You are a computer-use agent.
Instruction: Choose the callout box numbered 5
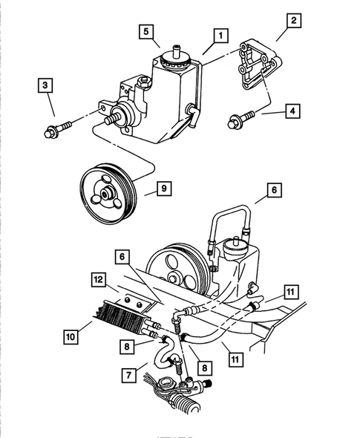click(147, 32)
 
